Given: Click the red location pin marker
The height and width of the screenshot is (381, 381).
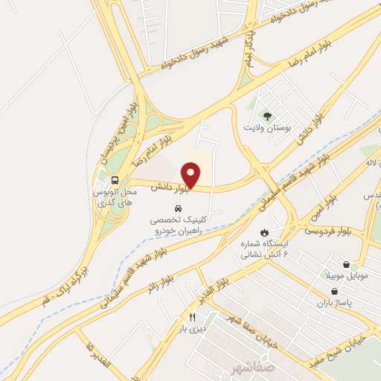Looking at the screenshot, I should tap(191, 175).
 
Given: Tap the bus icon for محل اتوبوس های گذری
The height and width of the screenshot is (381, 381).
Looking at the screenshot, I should tap(115, 180).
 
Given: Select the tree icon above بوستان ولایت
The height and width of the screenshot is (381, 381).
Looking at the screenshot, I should tap(266, 115).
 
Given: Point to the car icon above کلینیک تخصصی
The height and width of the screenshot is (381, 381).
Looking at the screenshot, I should tap(178, 208).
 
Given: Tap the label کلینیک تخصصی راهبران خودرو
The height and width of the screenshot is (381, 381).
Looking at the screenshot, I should tap(177, 225).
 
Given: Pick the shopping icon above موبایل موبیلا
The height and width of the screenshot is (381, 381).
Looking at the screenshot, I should tap(346, 264).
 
